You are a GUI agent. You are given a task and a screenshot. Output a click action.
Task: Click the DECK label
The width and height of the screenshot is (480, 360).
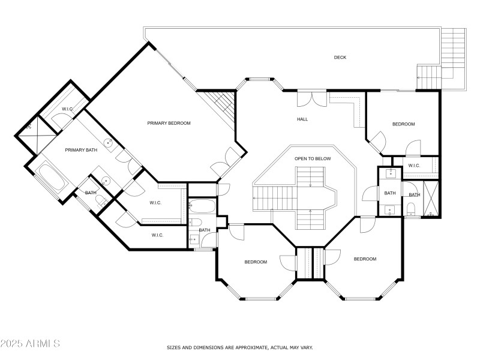click(x=340, y=58)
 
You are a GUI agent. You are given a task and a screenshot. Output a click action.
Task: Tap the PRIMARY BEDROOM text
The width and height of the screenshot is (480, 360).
click(x=169, y=123)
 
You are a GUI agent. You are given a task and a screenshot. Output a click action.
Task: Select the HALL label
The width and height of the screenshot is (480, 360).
click(x=302, y=119)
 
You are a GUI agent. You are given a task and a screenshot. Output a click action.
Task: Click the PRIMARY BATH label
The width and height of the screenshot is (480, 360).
click(x=81, y=150)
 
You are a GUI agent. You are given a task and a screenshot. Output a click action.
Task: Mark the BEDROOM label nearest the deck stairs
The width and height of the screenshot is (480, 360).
click(x=403, y=124)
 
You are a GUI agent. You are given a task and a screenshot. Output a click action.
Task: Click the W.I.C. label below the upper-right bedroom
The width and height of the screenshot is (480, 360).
click(x=414, y=166)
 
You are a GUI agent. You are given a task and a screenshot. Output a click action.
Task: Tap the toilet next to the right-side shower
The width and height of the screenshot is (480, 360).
click(x=412, y=208)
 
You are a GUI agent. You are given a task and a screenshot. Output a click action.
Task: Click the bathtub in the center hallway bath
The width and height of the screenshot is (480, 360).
click(x=202, y=208)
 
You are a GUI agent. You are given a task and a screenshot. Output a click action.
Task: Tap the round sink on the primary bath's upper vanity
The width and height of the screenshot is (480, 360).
click(x=109, y=143)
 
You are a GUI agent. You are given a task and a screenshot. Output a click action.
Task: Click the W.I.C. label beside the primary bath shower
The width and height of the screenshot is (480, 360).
click(x=67, y=109)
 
